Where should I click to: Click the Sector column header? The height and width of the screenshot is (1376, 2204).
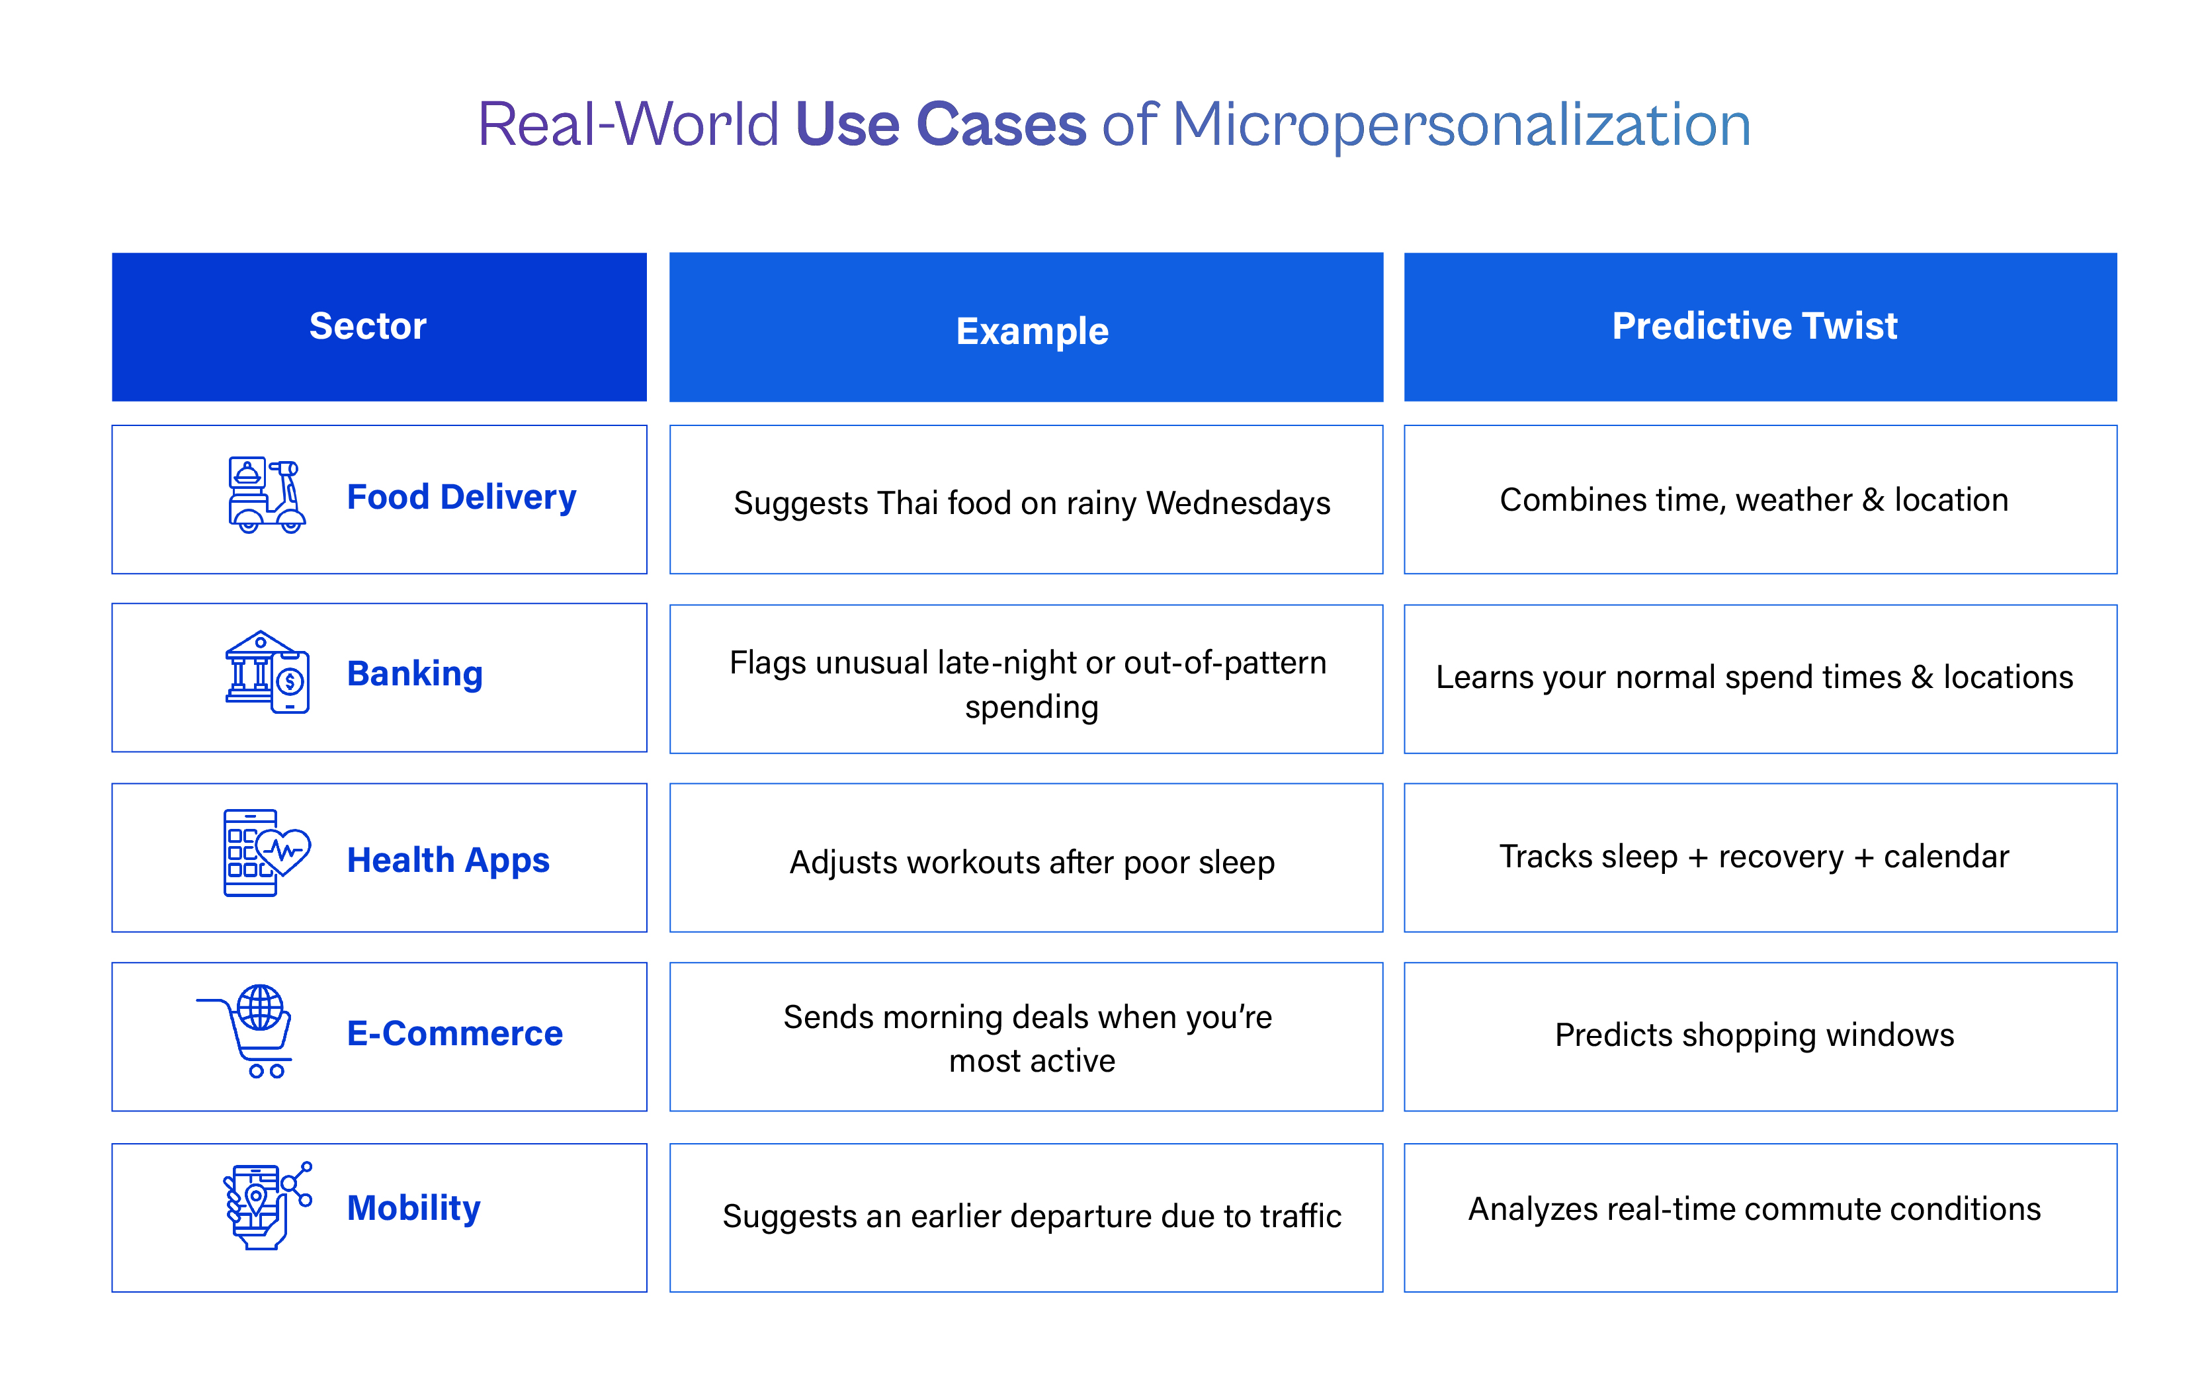pos(368,325)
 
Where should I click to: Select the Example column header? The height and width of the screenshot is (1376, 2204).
pos(1032,330)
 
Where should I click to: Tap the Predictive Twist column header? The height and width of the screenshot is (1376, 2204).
pos(1754,325)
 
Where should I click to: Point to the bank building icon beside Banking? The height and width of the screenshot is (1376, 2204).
pos(266,673)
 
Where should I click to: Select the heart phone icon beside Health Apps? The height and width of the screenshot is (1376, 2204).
pos(266,853)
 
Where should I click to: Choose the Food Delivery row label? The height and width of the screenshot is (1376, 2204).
pos(461,497)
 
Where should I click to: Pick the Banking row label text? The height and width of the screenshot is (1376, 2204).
pos(415,674)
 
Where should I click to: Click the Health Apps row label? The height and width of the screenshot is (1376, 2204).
pos(448,860)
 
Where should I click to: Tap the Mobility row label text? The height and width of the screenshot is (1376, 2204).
pos(414,1209)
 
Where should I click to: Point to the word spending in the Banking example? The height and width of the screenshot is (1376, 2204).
pos(1031,707)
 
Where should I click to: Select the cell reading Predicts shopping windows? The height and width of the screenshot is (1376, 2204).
pos(1754,1036)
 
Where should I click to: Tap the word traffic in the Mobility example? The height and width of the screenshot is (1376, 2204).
pos(1300,1217)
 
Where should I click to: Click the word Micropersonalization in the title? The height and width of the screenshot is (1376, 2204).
pos(1461,124)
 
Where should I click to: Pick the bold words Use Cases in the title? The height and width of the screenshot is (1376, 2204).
pos(940,124)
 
